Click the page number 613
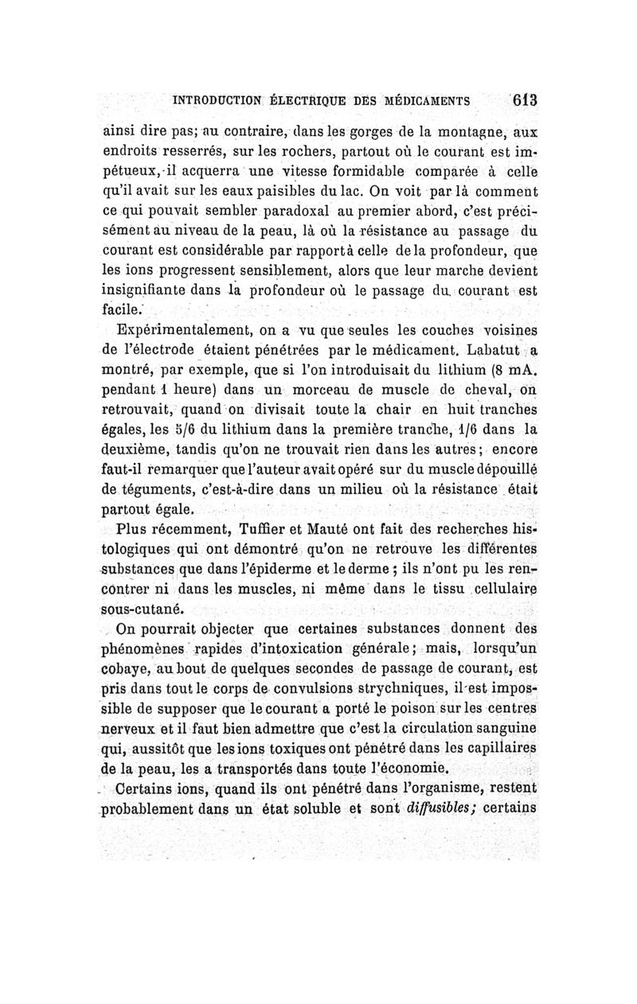(526, 101)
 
